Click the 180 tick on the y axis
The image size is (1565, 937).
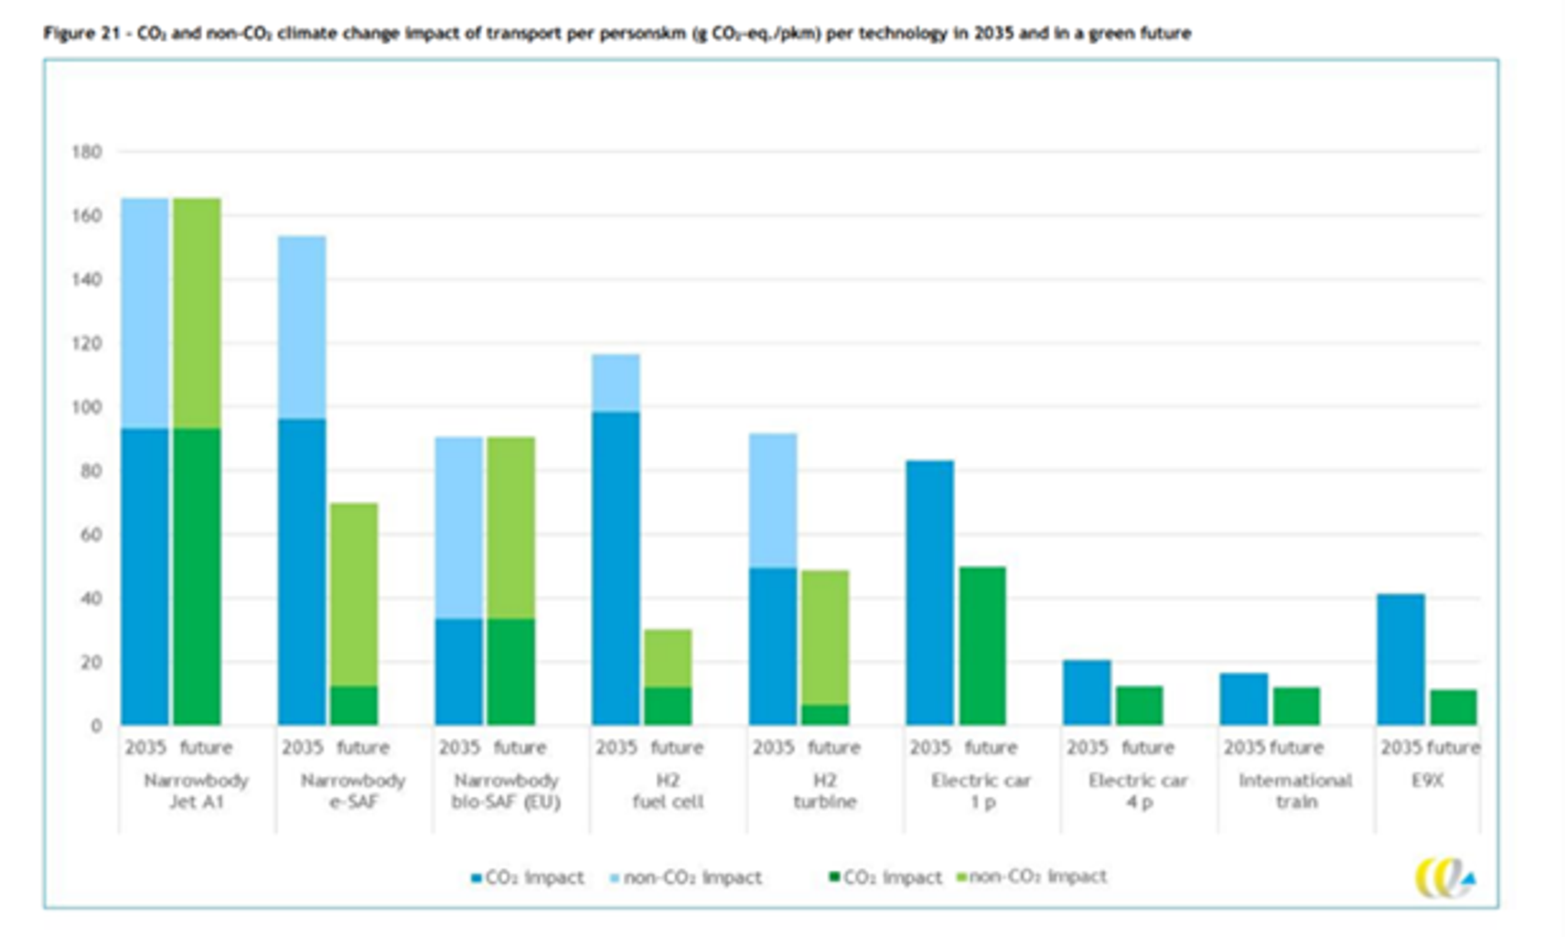pyautogui.click(x=87, y=152)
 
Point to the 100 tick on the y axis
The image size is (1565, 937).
pyautogui.click(x=87, y=407)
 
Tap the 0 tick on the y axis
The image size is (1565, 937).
pyautogui.click(x=96, y=726)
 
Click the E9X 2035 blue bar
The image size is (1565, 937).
pyautogui.click(x=1400, y=659)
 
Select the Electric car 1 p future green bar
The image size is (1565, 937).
pyautogui.click(x=982, y=645)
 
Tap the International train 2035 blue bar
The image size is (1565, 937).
pyautogui.click(x=1244, y=699)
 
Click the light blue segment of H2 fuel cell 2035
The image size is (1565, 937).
pyautogui.click(x=616, y=382)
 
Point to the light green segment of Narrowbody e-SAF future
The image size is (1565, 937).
pyautogui.click(x=354, y=594)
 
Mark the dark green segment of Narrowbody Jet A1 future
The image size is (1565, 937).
pyautogui.click(x=198, y=576)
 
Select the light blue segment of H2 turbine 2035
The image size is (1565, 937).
pyautogui.click(x=773, y=501)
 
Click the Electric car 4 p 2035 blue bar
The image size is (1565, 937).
pyautogui.click(x=1087, y=693)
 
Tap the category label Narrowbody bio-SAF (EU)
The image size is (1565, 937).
pyautogui.click(x=506, y=792)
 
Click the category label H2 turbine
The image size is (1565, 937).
pyautogui.click(x=824, y=792)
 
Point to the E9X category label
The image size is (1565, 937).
pyautogui.click(x=1427, y=781)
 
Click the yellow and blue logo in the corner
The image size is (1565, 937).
pyautogui.click(x=1444, y=878)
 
